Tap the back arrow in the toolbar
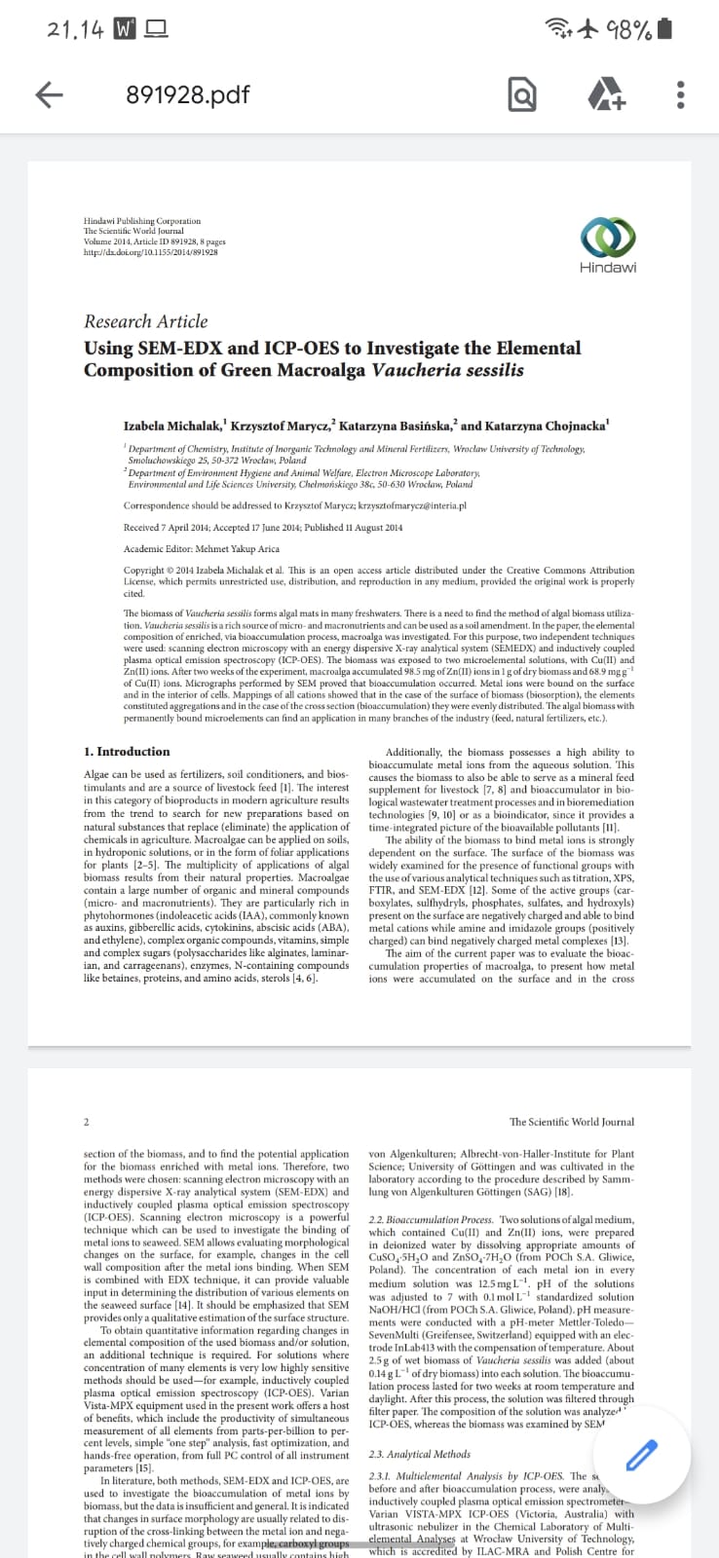click(x=49, y=94)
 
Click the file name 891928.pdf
click(x=188, y=94)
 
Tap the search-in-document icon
click(x=522, y=95)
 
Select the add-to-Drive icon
click(x=606, y=95)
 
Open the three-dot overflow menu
click(x=680, y=95)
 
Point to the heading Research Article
click(x=145, y=321)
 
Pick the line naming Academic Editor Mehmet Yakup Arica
click(x=202, y=549)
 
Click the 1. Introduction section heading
click(x=127, y=752)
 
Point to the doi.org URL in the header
click(x=150, y=252)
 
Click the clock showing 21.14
click(x=75, y=30)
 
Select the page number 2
click(x=87, y=1122)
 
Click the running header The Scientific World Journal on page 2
click(x=571, y=1122)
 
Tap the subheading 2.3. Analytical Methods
click(x=420, y=1454)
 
